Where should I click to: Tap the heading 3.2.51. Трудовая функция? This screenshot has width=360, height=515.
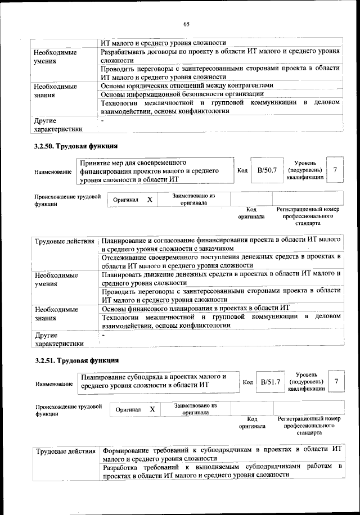76,360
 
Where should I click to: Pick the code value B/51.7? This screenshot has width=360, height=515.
270,382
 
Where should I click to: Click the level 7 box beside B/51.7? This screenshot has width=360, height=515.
336,382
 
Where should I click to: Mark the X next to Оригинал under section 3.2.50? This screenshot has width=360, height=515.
149,200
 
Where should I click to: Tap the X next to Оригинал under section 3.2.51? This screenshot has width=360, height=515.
152,410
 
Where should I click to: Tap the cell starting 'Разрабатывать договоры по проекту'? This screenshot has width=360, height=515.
219,55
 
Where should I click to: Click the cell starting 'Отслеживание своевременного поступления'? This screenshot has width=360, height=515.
219,261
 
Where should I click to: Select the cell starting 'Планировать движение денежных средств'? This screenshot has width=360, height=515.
219,278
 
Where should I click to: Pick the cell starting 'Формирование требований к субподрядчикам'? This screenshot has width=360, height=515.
219,454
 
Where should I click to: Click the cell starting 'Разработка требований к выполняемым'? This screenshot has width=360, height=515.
219,471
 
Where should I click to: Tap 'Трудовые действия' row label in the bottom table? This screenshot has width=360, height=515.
65,451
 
